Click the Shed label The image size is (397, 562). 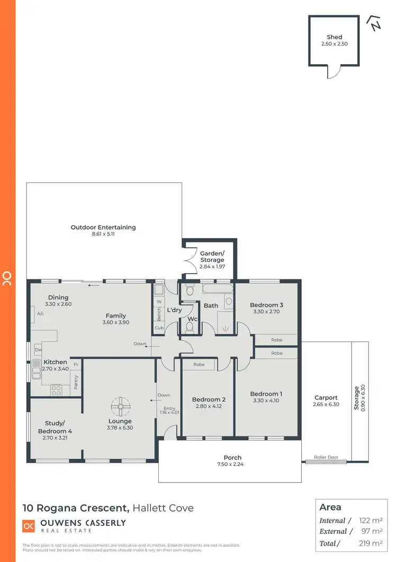pos(334,37)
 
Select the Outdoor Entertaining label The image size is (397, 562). pos(103,227)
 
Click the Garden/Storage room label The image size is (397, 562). pos(212,257)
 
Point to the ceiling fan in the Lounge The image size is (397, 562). pos(120,407)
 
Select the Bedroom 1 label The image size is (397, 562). pos(266,394)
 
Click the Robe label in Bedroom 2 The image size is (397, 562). pos(199,365)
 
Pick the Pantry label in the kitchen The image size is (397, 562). pos(76,382)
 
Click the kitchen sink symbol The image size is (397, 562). pos(35,369)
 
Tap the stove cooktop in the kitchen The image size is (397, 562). pos(56,391)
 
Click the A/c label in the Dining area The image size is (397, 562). pos(40,313)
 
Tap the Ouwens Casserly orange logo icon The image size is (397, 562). pos(29,526)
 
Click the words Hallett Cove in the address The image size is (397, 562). pos(163,508)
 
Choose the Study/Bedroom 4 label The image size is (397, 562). pos(56,427)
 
